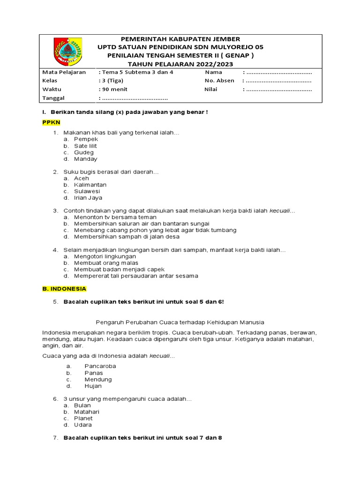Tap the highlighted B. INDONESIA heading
pos(64,289)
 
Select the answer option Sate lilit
pos(85,146)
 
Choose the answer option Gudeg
pos(84,152)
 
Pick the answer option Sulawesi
pos(87,191)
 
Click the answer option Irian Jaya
pos(88,198)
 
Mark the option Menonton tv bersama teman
pos(115,217)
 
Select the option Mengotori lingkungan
pos(105,256)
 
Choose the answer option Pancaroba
pos(100,366)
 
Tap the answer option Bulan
pos(82,405)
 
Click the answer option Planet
pos(83,418)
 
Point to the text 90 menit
pos(114,89)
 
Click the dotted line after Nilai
pos(278,89)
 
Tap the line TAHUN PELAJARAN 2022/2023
pos(180,64)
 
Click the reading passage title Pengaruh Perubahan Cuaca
pos(180,322)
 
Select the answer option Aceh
pos(82,178)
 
